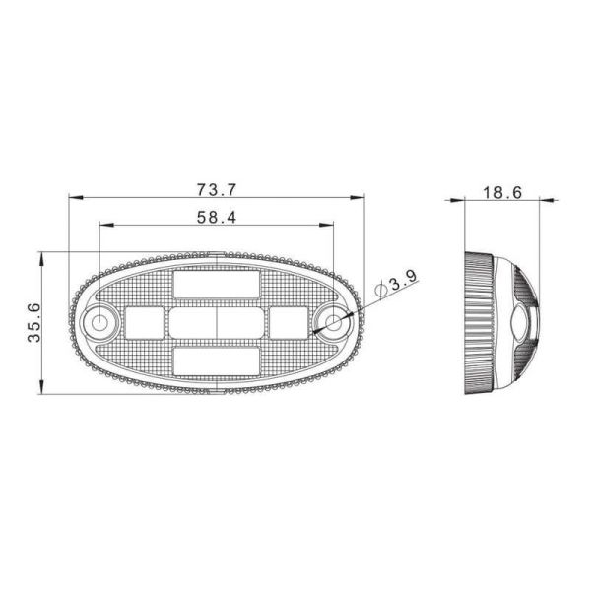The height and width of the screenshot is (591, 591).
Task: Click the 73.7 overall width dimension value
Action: (218, 187)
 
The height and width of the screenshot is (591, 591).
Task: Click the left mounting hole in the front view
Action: (99, 322)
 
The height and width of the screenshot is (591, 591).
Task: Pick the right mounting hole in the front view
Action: (335, 322)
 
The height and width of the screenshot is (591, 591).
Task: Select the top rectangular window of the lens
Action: (217, 285)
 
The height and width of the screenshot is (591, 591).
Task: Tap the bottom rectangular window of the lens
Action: (217, 360)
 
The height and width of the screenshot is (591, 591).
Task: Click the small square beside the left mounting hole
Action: (144, 322)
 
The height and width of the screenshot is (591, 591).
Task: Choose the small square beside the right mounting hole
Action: (290, 322)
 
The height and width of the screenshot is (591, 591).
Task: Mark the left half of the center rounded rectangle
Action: (193, 322)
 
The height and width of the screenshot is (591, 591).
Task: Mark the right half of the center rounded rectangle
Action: (240, 322)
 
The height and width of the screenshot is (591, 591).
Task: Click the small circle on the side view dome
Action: (521, 322)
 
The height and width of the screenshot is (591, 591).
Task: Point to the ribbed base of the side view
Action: (479, 322)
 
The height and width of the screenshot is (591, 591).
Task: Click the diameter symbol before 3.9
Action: (381, 289)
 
